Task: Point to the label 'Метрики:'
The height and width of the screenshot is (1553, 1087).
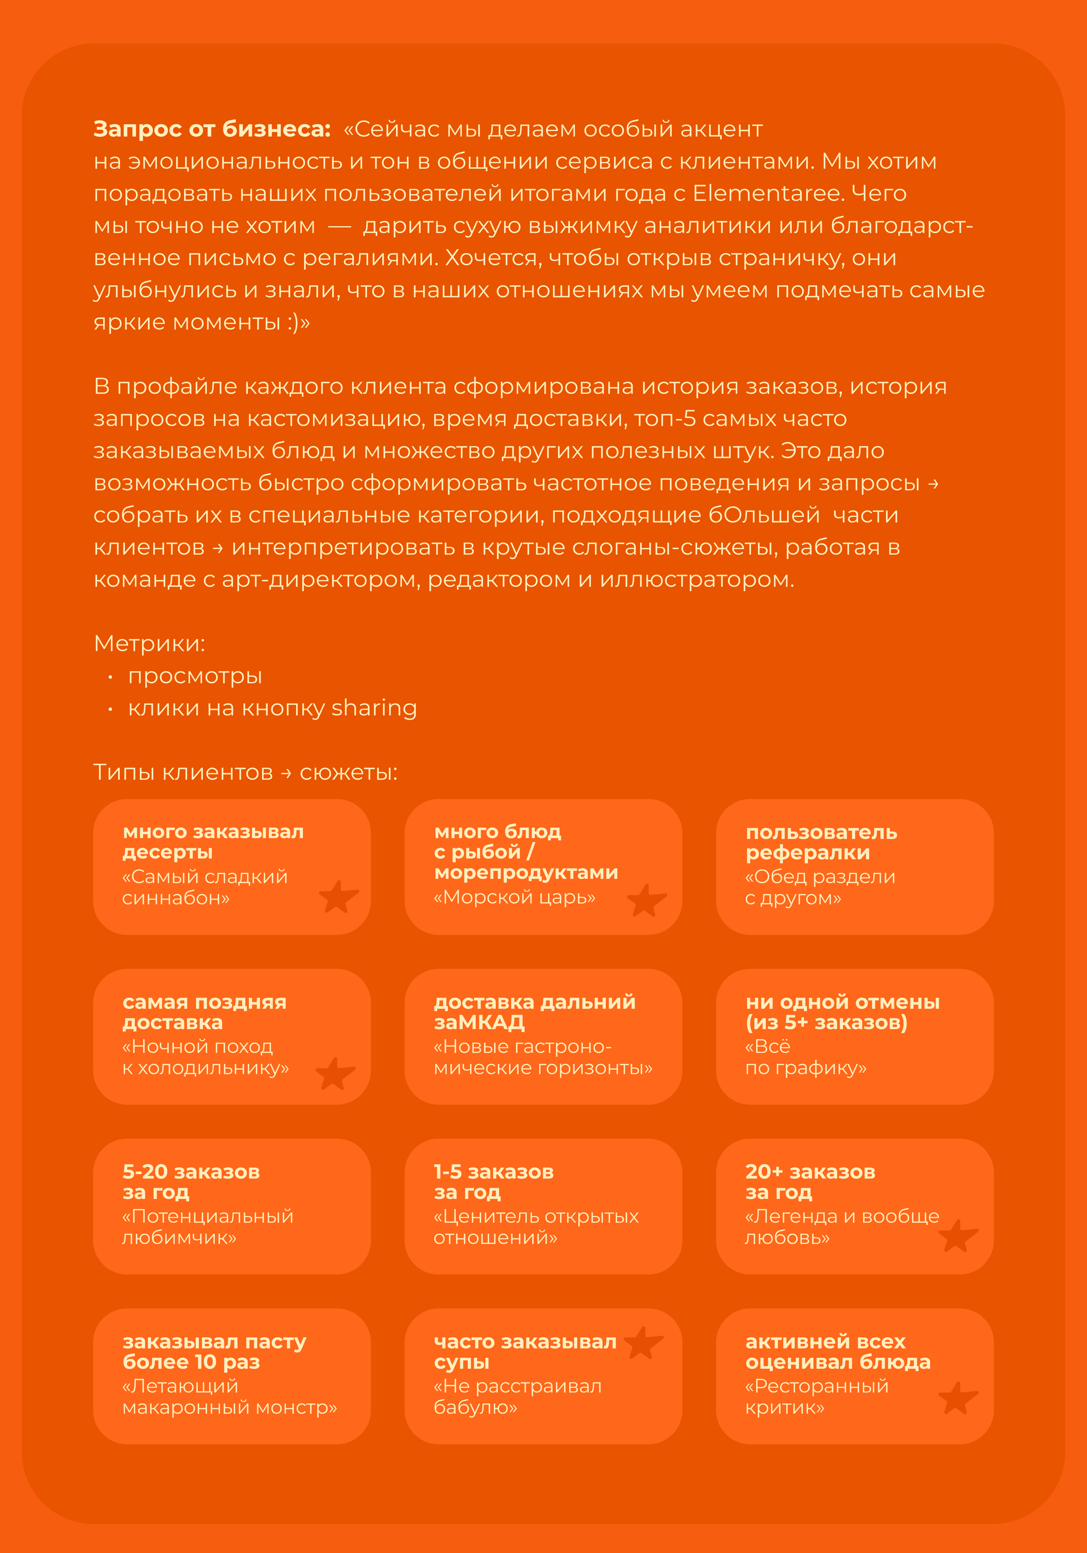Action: tap(149, 643)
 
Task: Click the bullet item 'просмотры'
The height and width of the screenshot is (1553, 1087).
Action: tap(195, 676)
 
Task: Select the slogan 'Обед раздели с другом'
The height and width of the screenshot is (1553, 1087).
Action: tap(820, 887)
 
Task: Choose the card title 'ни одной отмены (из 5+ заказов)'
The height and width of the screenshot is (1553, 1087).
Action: tap(842, 1012)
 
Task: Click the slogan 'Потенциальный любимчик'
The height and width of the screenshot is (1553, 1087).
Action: tap(208, 1226)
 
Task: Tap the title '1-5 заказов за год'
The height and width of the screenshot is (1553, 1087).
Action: tap(493, 1182)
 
